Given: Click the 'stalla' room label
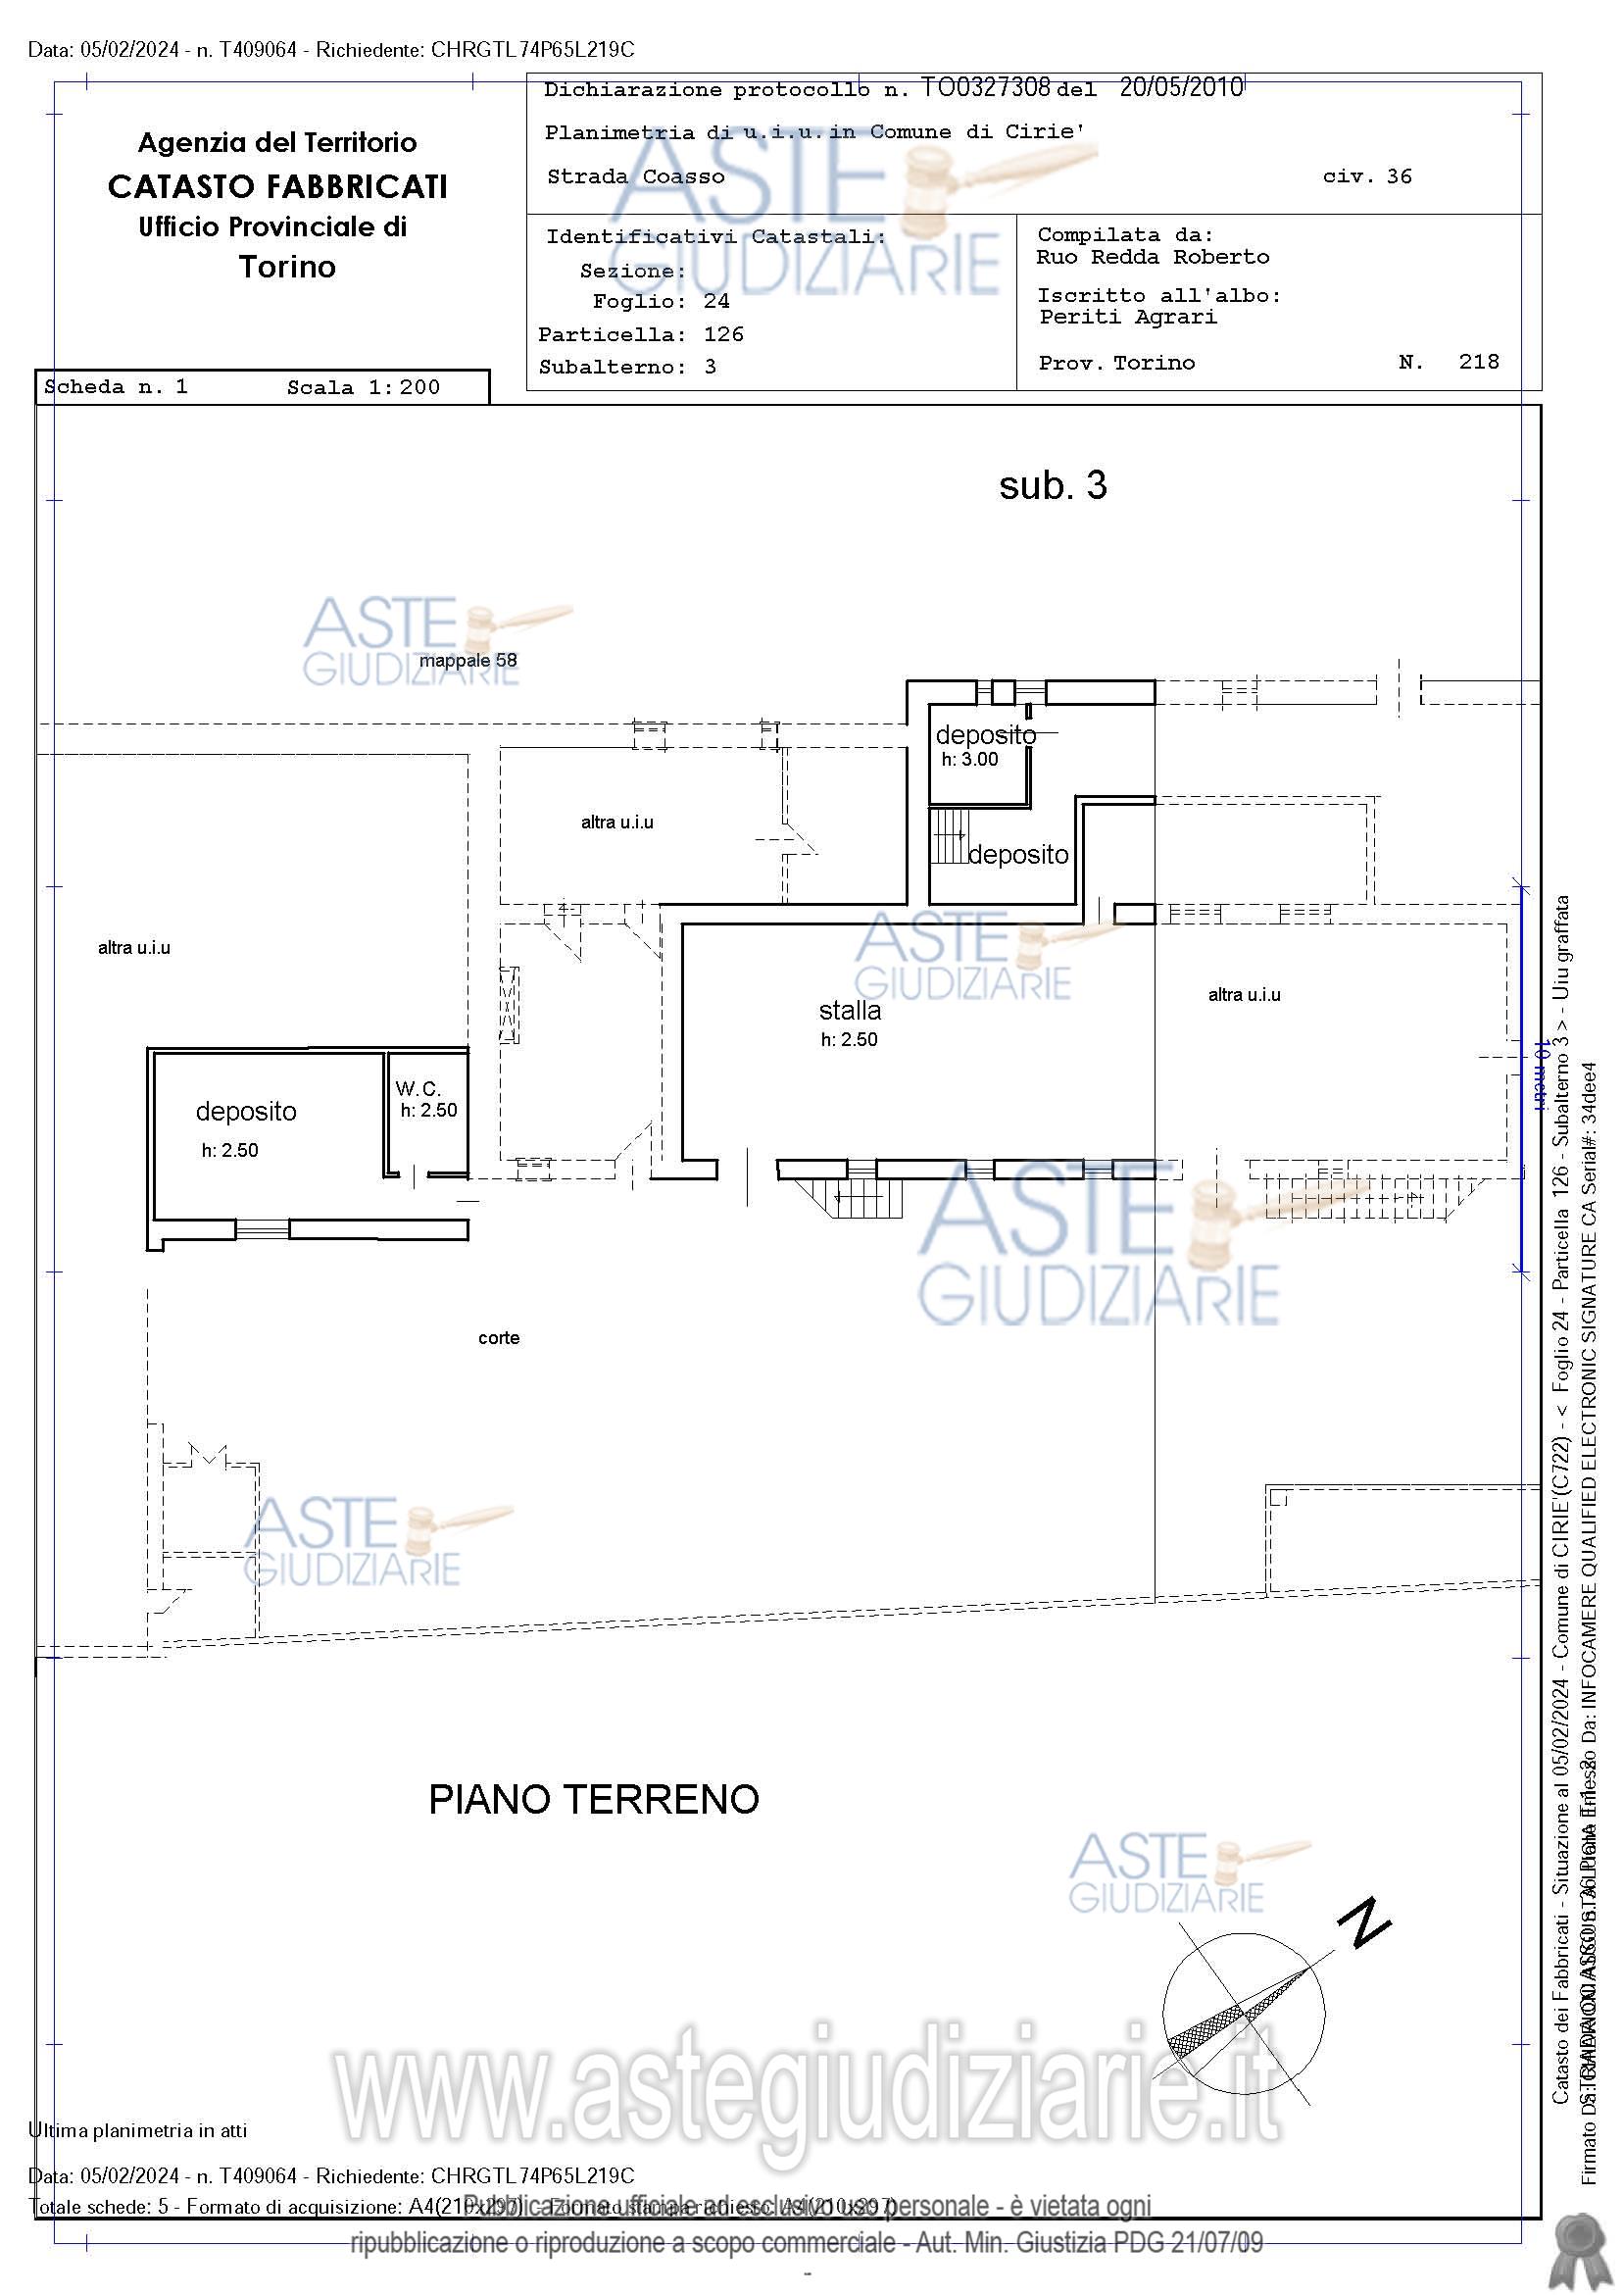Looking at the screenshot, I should pyautogui.click(x=850, y=1011).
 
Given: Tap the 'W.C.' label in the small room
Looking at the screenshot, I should pyautogui.click(x=417, y=1088).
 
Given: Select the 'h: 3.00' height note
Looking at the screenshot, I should pyautogui.click(x=969, y=760).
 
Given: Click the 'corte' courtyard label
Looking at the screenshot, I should pyautogui.click(x=499, y=1338).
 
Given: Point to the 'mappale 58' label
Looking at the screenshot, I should pyautogui.click(x=467, y=661).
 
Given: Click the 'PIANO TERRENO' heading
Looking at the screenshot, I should pyautogui.click(x=594, y=1799).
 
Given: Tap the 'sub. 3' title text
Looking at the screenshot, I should pyautogui.click(x=1053, y=486).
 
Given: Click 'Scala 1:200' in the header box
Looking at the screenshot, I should pyautogui.click(x=363, y=388).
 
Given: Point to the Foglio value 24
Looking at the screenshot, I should pyautogui.click(x=715, y=302).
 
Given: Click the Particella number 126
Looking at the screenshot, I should pyautogui.click(x=723, y=335).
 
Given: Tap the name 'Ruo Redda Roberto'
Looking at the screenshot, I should pyautogui.click(x=1153, y=257).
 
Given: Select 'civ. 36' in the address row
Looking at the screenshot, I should pyautogui.click(x=1366, y=176).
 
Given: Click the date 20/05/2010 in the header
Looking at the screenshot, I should pyautogui.click(x=1180, y=88).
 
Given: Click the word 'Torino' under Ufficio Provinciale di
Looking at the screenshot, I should pyautogui.click(x=287, y=267).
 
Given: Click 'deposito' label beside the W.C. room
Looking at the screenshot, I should pyautogui.click(x=246, y=1112).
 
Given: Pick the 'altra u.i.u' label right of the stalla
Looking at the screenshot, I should pyautogui.click(x=1244, y=995).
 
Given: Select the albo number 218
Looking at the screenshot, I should pyautogui.click(x=1478, y=362).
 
